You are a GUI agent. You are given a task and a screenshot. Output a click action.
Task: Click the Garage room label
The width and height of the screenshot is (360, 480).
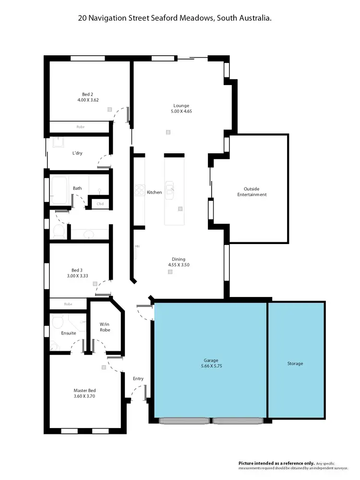click(210, 360)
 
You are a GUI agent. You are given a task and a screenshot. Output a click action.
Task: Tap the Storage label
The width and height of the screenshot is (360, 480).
click(295, 364)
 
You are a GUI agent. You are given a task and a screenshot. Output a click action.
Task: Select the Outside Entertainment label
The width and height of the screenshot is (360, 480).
click(255, 192)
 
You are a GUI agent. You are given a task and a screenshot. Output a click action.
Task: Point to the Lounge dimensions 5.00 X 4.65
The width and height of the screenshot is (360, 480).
click(181, 111)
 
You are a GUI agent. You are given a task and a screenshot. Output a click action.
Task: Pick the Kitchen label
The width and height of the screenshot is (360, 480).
click(154, 192)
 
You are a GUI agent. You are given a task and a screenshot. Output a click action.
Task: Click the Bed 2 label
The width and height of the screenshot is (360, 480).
click(88, 94)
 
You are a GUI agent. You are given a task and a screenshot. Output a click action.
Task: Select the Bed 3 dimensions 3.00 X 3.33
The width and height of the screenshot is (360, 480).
click(78, 276)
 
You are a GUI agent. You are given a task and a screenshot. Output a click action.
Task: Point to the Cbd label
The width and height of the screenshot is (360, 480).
click(100, 204)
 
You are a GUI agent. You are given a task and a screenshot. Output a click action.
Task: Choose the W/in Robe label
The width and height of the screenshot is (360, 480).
click(105, 327)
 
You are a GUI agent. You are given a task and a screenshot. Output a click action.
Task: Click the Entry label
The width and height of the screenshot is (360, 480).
click(138, 379)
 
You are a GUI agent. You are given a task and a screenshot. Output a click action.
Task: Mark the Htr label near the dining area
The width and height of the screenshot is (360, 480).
click(137, 246)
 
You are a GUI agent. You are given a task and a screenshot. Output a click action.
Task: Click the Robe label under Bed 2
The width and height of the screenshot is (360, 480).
click(81, 127)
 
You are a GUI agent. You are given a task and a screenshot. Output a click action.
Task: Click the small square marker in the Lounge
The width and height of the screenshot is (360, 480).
click(168, 132)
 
